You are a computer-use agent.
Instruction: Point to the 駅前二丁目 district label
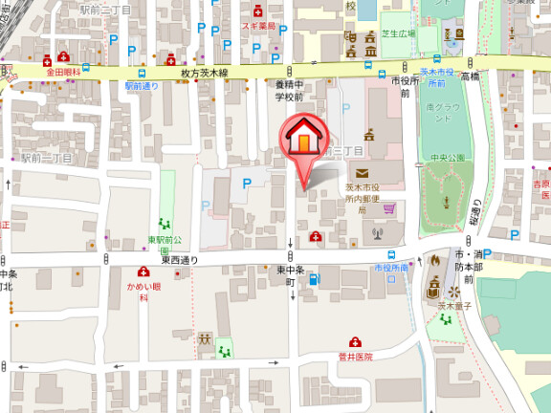coord(104,9)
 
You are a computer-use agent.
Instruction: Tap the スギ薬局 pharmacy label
coord(257,26)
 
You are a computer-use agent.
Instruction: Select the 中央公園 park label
coord(448,158)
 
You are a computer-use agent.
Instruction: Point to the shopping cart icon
coord(389,206)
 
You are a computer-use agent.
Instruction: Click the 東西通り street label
coord(179,259)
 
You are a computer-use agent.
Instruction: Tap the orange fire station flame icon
coord(435,258)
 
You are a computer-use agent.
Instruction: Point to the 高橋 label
coord(469,76)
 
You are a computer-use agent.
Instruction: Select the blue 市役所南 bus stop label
coord(391,268)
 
